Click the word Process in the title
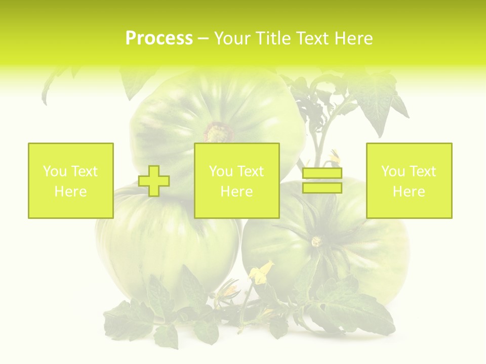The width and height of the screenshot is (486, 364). [x=159, y=38]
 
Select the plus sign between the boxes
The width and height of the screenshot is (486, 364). [x=154, y=181]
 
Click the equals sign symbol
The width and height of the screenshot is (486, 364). [x=322, y=180]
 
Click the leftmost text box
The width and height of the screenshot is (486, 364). [x=70, y=180]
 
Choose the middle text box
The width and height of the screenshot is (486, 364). [x=236, y=180]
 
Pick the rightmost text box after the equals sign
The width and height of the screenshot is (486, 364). [x=409, y=180]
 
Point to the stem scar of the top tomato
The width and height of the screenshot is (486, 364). [x=219, y=132]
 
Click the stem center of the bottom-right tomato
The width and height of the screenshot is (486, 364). [x=317, y=241]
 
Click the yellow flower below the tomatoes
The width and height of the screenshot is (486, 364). [x=260, y=273]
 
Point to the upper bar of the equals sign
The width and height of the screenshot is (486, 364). [x=322, y=173]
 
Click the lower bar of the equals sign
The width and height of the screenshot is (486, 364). [x=322, y=188]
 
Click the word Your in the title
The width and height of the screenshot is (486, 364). [x=232, y=38]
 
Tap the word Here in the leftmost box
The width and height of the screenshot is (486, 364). [x=70, y=192]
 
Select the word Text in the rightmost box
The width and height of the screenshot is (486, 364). [x=423, y=171]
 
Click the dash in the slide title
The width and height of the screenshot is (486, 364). [x=203, y=39]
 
